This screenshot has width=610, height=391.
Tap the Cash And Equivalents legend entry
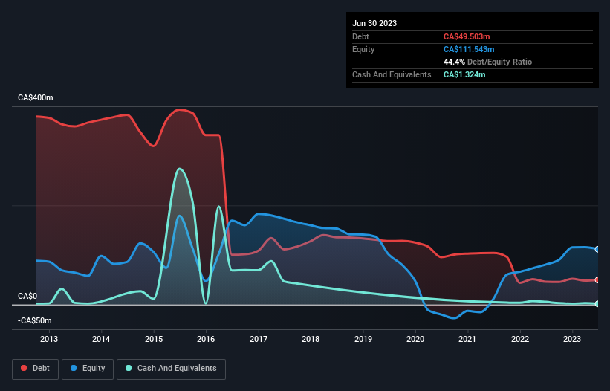171,368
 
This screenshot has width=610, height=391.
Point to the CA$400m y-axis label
35,98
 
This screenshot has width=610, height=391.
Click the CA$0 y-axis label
27,296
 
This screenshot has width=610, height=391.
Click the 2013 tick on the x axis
48,340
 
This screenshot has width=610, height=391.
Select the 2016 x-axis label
206,340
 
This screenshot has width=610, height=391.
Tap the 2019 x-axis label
363,340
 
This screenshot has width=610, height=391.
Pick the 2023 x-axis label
572,340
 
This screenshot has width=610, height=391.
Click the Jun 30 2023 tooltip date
374,23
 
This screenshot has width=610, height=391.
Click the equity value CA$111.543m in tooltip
469,49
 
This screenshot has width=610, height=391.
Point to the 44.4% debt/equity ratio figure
455,62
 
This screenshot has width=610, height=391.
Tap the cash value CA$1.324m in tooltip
464,74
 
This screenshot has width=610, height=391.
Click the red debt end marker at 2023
597,279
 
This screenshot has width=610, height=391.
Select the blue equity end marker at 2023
597,249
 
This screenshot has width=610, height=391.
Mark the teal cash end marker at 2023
597,303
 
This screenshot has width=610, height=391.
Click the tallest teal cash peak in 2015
179,169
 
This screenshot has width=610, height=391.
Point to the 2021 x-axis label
467,340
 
